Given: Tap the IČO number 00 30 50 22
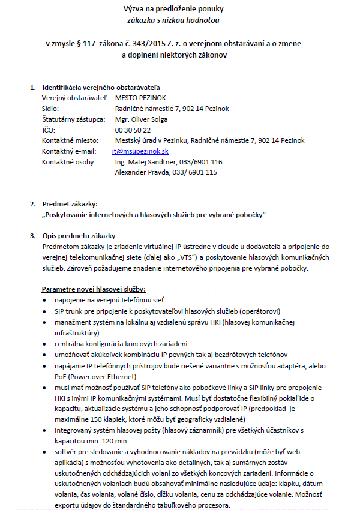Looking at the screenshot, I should click(x=133, y=130).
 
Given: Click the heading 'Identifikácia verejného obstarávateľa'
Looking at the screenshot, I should click(x=101, y=88).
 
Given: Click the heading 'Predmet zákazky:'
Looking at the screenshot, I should click(x=68, y=204).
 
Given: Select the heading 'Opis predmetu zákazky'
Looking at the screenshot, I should click(x=79, y=235).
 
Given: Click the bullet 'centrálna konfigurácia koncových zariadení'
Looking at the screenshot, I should click(x=121, y=343).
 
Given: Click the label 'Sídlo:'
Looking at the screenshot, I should click(x=50, y=108).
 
